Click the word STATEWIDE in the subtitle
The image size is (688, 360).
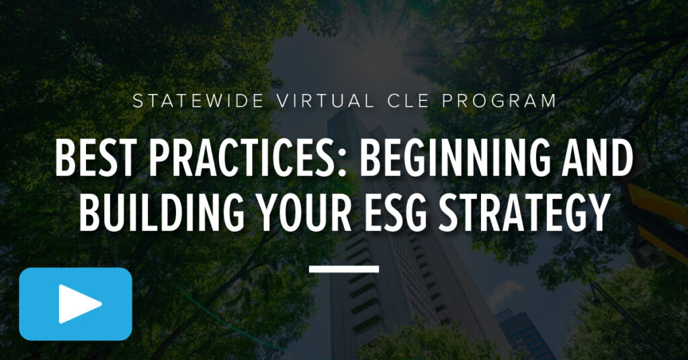198,101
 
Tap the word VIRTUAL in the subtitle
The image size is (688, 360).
326,101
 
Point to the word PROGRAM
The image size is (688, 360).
499,101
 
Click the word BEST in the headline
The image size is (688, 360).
94,159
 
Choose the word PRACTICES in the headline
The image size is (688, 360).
242,159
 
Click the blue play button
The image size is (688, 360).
75,304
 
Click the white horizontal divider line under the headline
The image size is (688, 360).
344,269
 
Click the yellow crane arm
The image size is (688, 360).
658,219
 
